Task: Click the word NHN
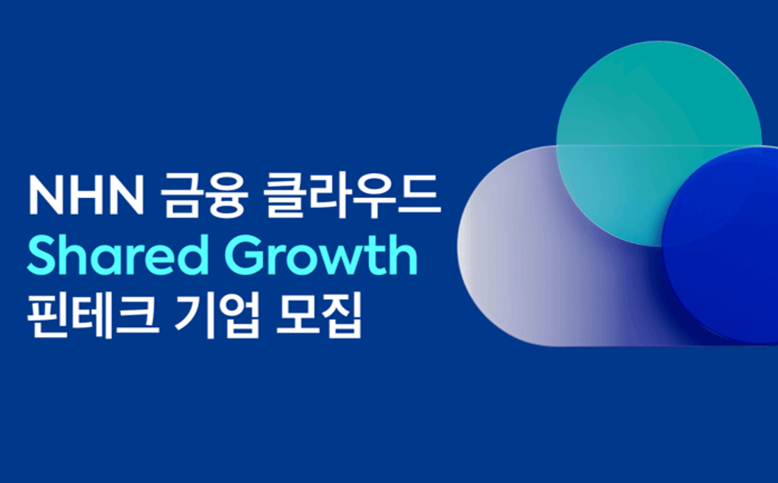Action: coord(85,196)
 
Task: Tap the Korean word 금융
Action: coord(204,196)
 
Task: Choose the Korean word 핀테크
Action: coord(93,315)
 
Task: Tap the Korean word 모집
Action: coord(318,315)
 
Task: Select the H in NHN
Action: coord(85,196)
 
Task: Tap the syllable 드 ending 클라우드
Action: coord(421,196)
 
